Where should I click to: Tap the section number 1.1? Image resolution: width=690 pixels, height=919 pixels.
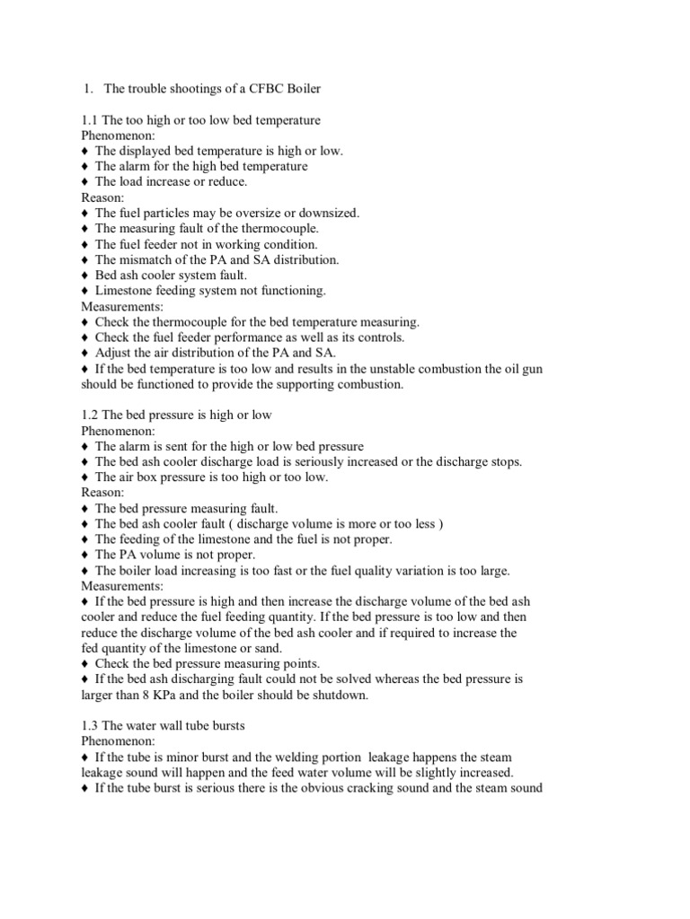(x=91, y=120)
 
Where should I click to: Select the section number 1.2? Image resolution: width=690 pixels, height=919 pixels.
(x=91, y=416)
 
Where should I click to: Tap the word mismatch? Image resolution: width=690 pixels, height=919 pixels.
(x=144, y=259)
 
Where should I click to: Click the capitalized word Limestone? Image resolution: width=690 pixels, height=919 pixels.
(x=124, y=291)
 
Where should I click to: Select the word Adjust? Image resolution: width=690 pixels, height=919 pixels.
(x=114, y=353)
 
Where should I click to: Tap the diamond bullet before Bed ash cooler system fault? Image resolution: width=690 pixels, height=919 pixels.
(x=85, y=276)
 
